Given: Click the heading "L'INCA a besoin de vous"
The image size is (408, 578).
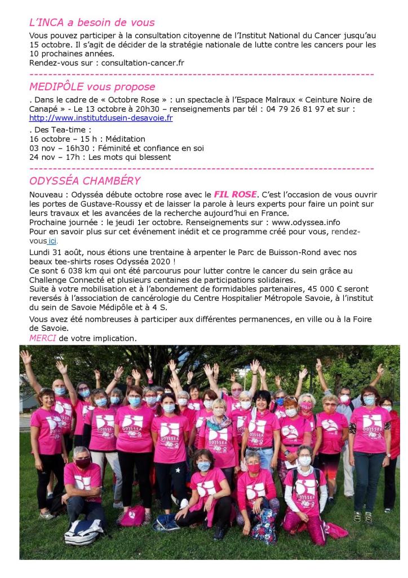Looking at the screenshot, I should (92, 23).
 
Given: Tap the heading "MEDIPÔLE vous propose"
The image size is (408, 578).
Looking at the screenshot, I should (92, 87).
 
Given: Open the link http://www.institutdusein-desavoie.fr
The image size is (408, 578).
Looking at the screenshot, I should (101, 118).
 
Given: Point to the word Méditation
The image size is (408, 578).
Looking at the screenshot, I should (121, 138).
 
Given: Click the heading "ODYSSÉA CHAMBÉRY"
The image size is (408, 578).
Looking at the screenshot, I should (85, 181).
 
